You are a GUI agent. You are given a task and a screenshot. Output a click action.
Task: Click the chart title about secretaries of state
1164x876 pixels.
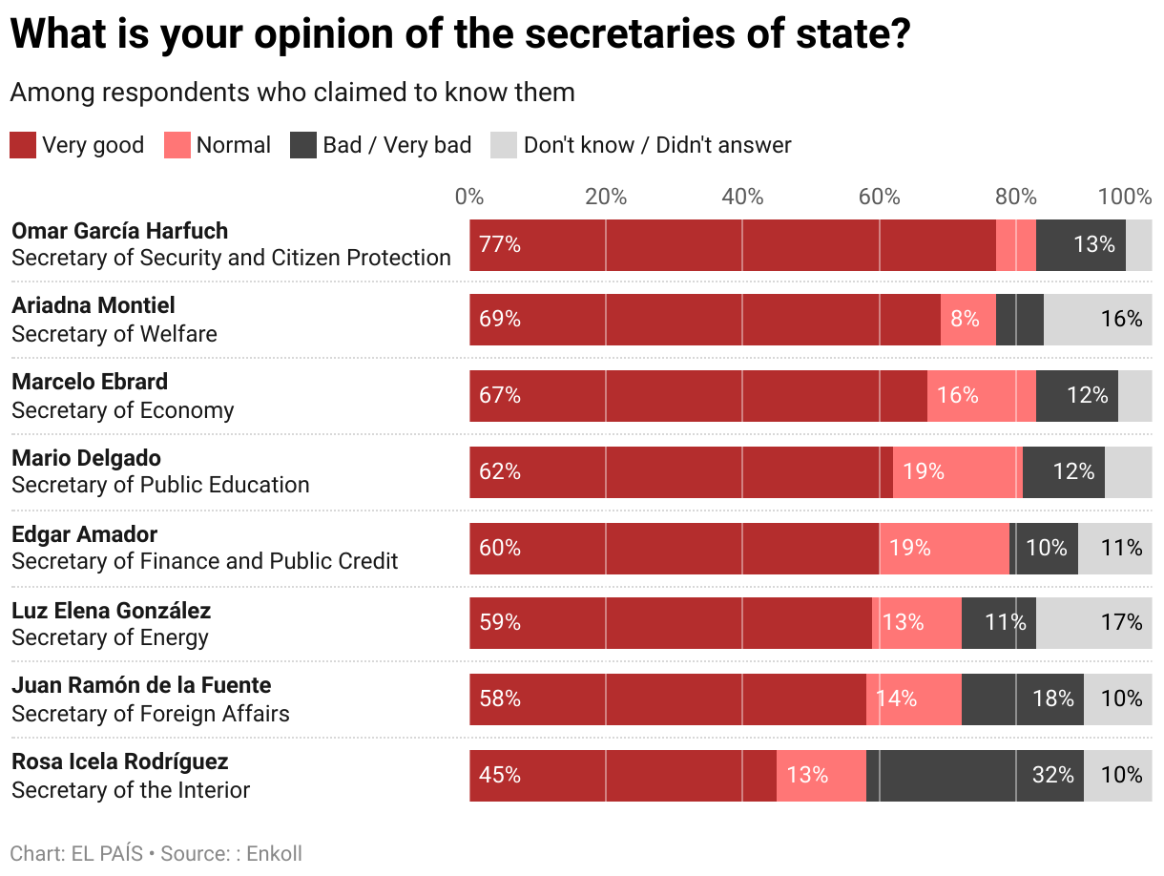[460, 34]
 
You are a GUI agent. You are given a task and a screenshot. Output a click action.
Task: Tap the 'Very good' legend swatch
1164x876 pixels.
[23, 145]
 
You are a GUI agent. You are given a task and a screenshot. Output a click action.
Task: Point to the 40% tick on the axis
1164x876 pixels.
[742, 198]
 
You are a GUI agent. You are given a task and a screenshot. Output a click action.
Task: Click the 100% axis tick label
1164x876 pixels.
[1125, 198]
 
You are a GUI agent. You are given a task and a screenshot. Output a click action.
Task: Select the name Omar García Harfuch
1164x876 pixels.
[119, 231]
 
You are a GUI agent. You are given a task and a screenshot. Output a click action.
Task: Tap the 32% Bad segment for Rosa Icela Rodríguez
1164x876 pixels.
[974, 775]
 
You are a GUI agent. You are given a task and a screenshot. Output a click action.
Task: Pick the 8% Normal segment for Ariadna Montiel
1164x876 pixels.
[967, 320]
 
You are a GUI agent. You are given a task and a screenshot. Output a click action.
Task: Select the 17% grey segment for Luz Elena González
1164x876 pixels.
[1093, 623]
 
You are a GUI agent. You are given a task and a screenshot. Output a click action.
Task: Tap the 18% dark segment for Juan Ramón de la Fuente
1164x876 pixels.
[1022, 699]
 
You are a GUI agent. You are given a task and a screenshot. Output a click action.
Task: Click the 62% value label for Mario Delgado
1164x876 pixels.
[500, 471]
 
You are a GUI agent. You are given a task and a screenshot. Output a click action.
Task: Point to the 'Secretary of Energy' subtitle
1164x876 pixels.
[110, 637]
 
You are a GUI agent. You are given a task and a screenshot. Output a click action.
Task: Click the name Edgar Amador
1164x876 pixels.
[84, 534]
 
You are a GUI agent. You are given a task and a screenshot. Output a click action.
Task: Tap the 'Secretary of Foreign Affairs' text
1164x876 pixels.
[150, 714]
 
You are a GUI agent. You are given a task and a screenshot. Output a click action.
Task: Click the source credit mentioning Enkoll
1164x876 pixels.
[156, 853]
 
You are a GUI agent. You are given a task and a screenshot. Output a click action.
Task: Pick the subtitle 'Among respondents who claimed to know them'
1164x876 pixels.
[292, 93]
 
